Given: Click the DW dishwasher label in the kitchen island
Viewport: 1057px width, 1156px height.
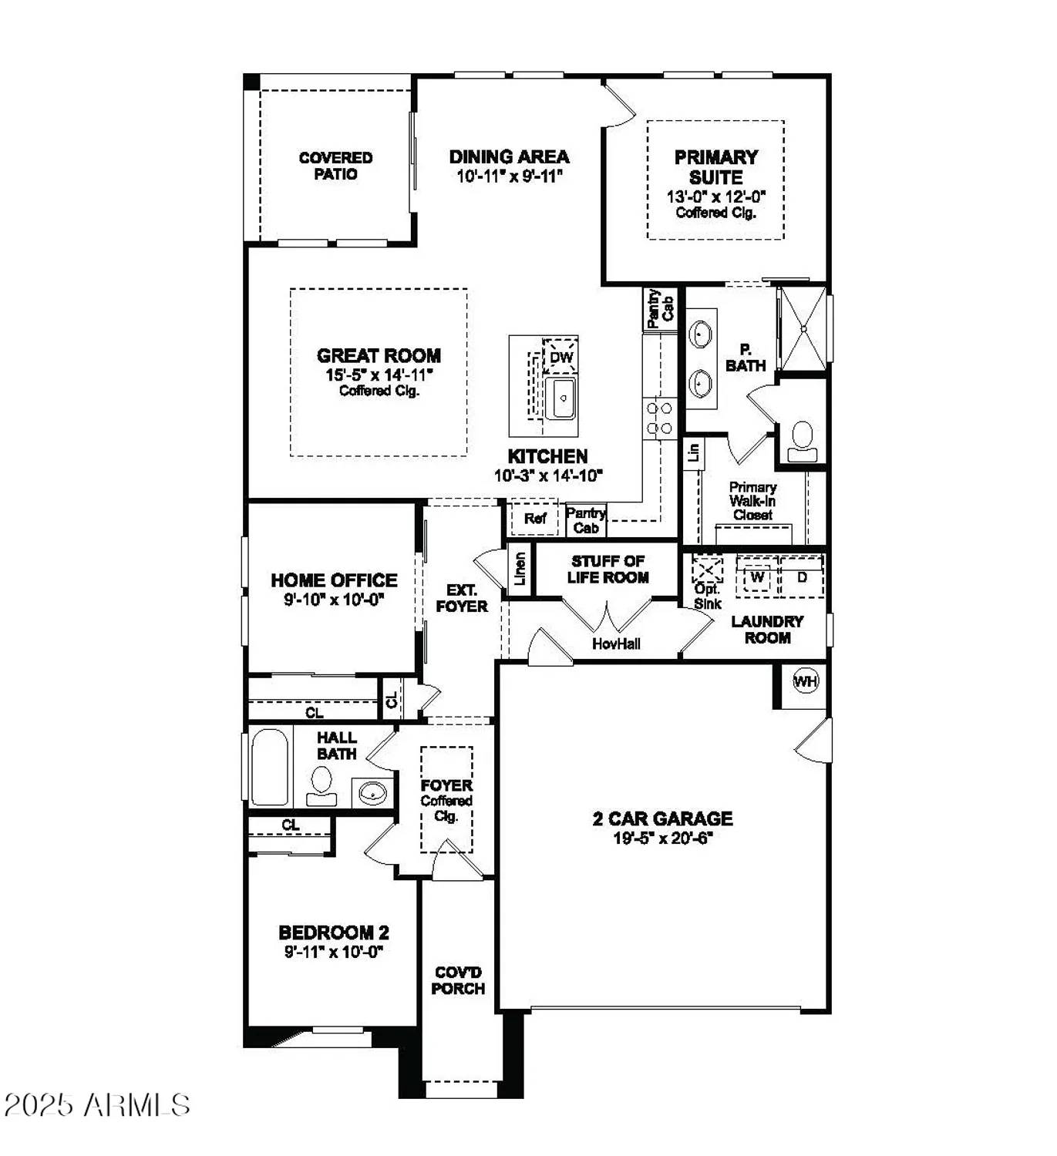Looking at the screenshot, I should pos(561,357).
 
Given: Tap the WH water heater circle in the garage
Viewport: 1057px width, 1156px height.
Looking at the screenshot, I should pos(806,681).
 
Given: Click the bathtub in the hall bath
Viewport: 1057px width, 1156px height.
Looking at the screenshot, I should pos(269,767).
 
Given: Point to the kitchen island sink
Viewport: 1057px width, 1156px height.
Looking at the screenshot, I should pos(562,398).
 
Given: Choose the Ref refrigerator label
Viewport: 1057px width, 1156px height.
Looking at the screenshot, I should pos(535,519).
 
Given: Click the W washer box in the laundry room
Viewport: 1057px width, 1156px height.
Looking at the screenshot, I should pos(757,577).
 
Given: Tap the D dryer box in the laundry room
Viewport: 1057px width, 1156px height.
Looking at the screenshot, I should pos(802,577).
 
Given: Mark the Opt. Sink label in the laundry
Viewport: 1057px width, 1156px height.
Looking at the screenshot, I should pos(707,596).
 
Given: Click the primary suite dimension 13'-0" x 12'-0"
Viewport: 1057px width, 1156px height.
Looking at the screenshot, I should pos(715,197).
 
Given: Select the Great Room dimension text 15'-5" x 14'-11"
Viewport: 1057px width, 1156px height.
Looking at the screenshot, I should pos(379,375).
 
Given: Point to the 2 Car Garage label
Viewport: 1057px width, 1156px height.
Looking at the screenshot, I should pos(662,818).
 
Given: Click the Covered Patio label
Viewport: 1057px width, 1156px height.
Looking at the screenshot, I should pos(335,166).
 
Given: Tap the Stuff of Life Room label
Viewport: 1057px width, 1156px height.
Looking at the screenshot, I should pos(608,570).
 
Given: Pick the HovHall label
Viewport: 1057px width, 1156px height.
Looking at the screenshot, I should pos(616,644).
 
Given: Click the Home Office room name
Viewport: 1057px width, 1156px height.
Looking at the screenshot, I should pos(334,580).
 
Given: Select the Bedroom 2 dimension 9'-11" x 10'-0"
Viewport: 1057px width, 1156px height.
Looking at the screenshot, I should pos(333,952).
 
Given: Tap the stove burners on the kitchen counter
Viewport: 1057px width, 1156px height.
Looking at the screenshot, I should pos(659,418).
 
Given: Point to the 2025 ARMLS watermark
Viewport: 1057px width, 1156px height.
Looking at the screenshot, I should pos(97,1105).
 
